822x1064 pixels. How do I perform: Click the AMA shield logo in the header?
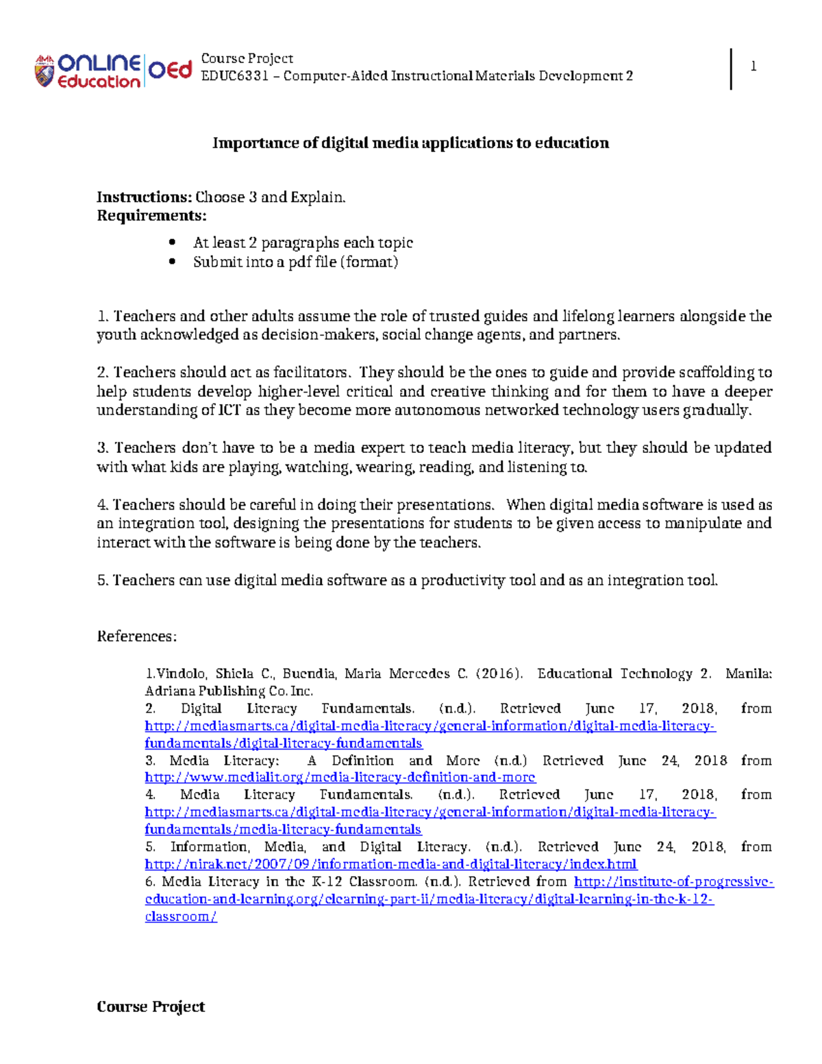[45, 72]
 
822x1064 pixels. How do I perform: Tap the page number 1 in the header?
[754, 66]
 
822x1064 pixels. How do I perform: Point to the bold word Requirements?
[151, 216]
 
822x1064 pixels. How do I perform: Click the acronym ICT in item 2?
[229, 410]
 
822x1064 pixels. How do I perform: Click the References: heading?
[137, 636]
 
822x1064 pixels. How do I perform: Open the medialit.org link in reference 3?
[340, 778]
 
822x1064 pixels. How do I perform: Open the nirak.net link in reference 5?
[390, 864]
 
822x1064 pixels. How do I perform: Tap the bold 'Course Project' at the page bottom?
[151, 1006]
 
